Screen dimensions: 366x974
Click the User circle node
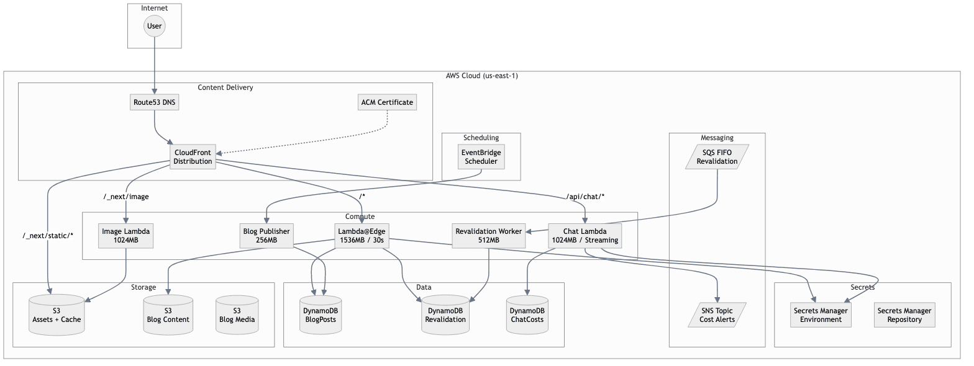click(154, 26)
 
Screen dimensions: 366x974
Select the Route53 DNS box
click(155, 102)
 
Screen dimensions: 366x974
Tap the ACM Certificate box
click(388, 102)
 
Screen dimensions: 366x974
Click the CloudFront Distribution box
click(193, 157)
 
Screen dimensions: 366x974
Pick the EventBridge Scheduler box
click(481, 156)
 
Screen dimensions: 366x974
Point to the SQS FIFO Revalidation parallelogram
click(717, 156)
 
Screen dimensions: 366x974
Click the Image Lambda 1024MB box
click(126, 236)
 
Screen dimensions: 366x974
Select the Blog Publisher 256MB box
click(266, 236)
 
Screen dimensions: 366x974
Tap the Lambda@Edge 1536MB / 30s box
click(361, 236)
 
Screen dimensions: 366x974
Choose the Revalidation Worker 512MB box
click(489, 236)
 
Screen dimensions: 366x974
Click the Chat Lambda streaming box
click(585, 236)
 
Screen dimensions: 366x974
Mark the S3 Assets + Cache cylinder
click(57, 315)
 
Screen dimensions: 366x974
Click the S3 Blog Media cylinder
click(237, 315)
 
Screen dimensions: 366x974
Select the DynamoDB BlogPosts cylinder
click(320, 315)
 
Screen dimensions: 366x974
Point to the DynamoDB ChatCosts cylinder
click(527, 315)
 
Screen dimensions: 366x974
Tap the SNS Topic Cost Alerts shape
click(717, 315)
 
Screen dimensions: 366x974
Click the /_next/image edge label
click(126, 197)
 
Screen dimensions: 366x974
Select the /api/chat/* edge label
click(585, 197)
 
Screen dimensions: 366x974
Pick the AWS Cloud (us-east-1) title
click(481, 76)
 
